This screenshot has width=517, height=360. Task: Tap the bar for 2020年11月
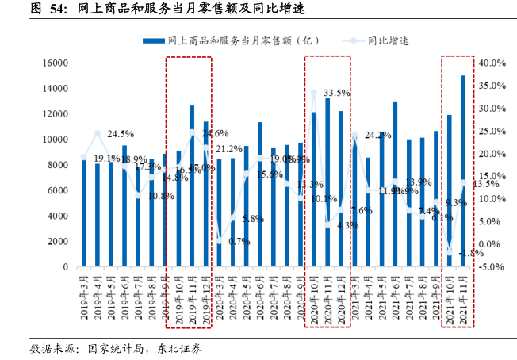[327, 182]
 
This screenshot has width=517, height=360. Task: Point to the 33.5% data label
[338, 93]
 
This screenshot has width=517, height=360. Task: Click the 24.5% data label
[121, 133]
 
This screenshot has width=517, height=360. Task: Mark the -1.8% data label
[470, 253]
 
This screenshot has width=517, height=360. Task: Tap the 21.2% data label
[229, 149]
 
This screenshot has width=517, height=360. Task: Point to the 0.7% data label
[239, 241]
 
